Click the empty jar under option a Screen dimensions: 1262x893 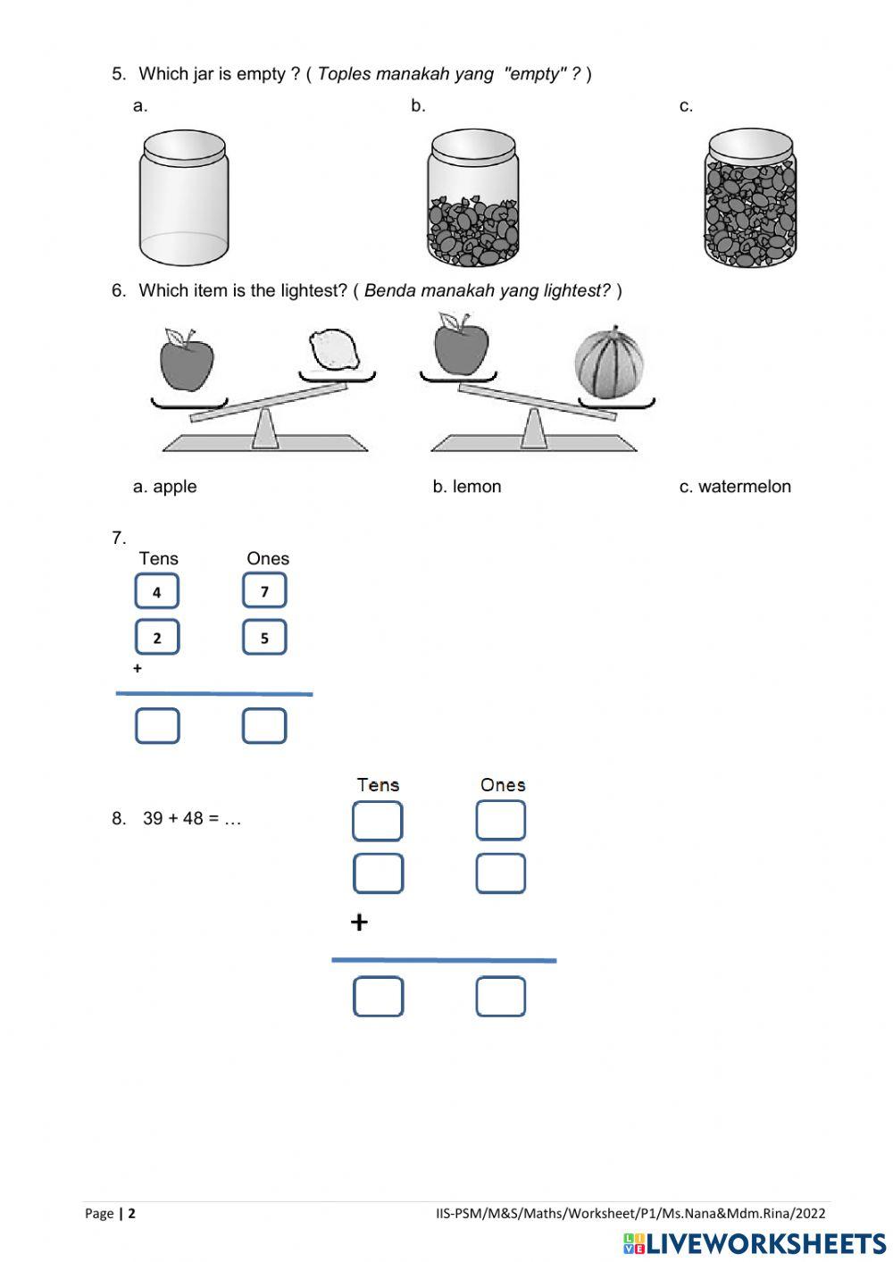pyautogui.click(x=183, y=197)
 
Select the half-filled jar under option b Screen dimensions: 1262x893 pyautogui.click(x=472, y=197)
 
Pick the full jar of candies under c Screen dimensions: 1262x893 pyautogui.click(x=750, y=197)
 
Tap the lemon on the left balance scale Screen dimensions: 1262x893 pyautogui.click(x=334, y=351)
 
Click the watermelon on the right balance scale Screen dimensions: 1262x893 pyautogui.click(x=609, y=362)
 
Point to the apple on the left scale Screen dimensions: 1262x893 pyautogui.click(x=187, y=360)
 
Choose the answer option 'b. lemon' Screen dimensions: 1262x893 pyautogui.click(x=466, y=487)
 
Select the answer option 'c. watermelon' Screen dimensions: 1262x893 pyautogui.click(x=734, y=487)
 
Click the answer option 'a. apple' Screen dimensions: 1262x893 pyautogui.click(x=164, y=487)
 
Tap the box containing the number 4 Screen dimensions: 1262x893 pyautogui.click(x=157, y=591)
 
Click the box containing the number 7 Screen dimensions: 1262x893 pyautogui.click(x=264, y=590)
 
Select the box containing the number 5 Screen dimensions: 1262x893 pyautogui.click(x=264, y=638)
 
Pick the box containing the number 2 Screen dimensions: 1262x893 pyautogui.click(x=157, y=638)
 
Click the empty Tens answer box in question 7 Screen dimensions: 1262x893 pyautogui.click(x=157, y=725)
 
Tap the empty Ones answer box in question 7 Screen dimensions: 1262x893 pyautogui.click(x=264, y=725)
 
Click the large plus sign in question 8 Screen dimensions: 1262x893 pyautogui.click(x=359, y=922)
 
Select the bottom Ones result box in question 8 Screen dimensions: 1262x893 pyautogui.click(x=500, y=997)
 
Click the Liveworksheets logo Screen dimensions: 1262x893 pyautogui.click(x=755, y=1243)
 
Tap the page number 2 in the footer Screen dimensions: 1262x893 pyautogui.click(x=132, y=1213)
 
